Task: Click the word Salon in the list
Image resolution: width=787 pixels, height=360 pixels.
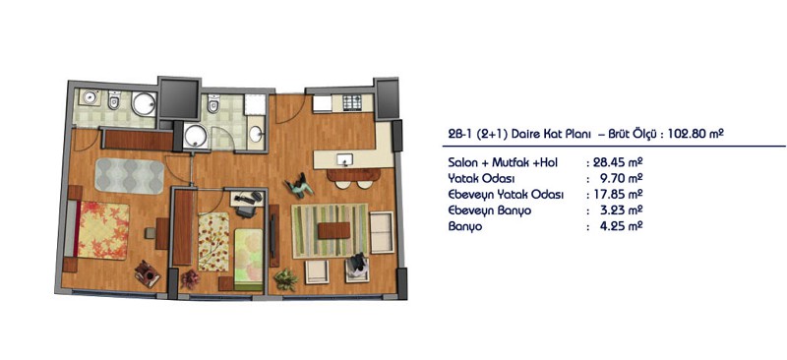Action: tap(461, 162)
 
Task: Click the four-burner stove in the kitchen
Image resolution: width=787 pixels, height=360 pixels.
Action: tap(352, 102)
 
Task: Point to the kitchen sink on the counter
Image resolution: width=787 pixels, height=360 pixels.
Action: tap(345, 159)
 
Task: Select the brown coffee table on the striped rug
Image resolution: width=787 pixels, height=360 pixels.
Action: tap(333, 230)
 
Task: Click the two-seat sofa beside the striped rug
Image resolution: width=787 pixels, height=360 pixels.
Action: tap(382, 232)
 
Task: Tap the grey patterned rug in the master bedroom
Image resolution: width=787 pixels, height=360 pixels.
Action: tap(130, 176)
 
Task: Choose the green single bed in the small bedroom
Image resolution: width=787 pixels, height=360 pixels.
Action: tap(249, 260)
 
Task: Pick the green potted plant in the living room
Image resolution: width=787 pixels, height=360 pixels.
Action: tap(285, 279)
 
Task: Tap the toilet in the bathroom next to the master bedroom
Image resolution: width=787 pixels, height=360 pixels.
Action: tap(114, 100)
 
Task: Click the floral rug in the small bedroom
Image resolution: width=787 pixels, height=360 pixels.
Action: tap(213, 242)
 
